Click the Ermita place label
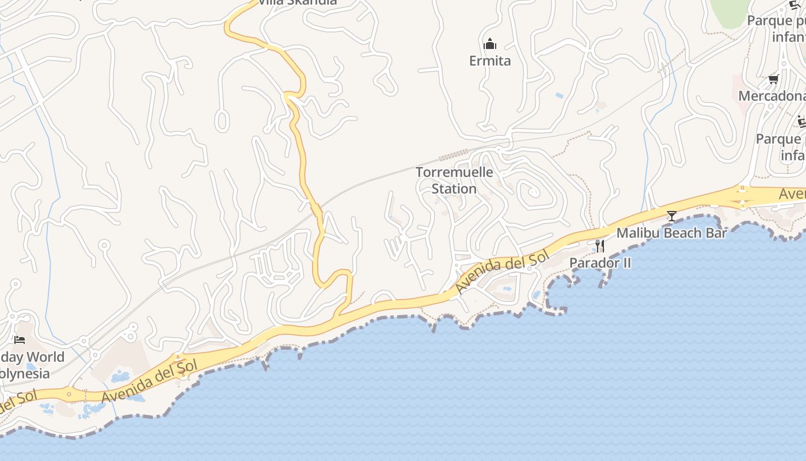pyautogui.click(x=490, y=61)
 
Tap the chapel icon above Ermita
pyautogui.click(x=490, y=44)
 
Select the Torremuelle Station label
pyautogui.click(x=454, y=180)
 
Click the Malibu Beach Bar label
pyautogui.click(x=671, y=233)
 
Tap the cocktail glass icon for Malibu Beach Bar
pyautogui.click(x=671, y=216)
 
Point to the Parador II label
pyautogui.click(x=600, y=263)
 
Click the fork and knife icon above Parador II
pyautogui.click(x=600, y=246)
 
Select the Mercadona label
pyautogui.click(x=771, y=96)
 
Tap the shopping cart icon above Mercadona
pyautogui.click(x=773, y=79)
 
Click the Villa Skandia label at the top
pyautogui.click(x=297, y=2)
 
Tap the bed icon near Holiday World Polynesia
pyautogui.click(x=20, y=340)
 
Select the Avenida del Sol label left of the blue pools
pyautogui.click(x=150, y=381)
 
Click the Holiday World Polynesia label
pyautogui.click(x=32, y=365)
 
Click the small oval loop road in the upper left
pyautogui.click(x=222, y=120)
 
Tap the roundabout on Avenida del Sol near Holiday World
pyautogui.click(x=69, y=394)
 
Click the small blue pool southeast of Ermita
pyautogui.click(x=559, y=95)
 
